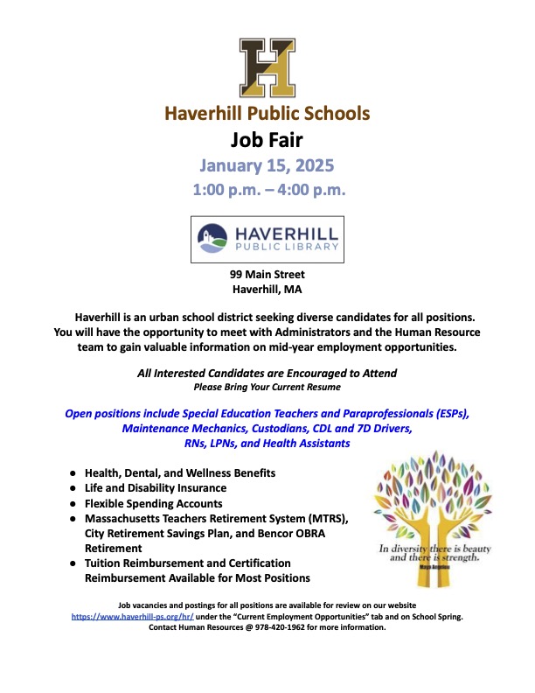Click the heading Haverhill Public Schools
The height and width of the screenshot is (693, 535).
tap(267, 113)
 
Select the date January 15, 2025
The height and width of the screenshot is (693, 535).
tap(267, 164)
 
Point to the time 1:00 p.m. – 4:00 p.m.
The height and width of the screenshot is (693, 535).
tap(267, 189)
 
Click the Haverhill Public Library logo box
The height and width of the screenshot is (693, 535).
tap(267, 239)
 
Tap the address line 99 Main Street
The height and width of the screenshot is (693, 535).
tap(267, 275)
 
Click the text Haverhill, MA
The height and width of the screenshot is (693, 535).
tap(267, 290)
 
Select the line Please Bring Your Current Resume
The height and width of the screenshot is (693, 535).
tap(267, 386)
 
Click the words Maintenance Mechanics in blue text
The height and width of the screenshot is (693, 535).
tap(175, 429)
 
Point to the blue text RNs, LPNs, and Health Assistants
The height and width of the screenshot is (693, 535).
tap(267, 444)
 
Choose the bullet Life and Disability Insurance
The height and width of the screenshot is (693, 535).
tap(156, 487)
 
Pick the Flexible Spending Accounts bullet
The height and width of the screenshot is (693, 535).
tap(153, 503)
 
